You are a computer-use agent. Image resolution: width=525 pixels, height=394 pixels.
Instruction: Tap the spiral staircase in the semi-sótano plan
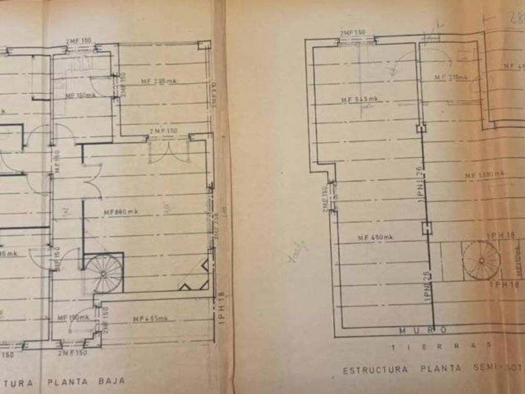(481, 262)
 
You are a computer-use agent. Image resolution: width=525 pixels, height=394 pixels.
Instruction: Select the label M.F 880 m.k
(119, 212)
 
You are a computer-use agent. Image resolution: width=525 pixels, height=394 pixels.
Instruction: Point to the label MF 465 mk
(151, 319)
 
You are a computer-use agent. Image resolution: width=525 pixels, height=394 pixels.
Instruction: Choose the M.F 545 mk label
(360, 99)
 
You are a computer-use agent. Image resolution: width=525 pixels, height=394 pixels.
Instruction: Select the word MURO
(423, 330)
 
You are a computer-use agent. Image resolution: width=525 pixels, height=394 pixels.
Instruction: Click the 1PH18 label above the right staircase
(485, 235)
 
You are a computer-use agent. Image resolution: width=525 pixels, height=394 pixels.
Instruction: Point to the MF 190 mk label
(74, 318)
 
